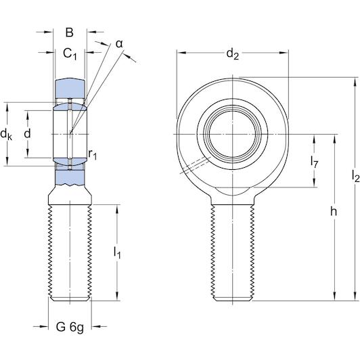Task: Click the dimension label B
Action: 70,32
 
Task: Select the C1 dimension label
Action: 70,53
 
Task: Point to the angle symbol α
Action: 119,43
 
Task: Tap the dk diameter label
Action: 7,135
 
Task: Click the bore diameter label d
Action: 27,134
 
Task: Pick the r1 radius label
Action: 93,155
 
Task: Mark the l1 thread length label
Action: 116,253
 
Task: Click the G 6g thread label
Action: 70,328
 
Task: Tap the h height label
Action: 334,212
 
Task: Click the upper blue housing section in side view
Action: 70,88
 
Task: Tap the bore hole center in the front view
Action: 233,134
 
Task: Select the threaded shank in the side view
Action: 70,250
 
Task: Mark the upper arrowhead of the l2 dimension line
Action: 353,81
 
